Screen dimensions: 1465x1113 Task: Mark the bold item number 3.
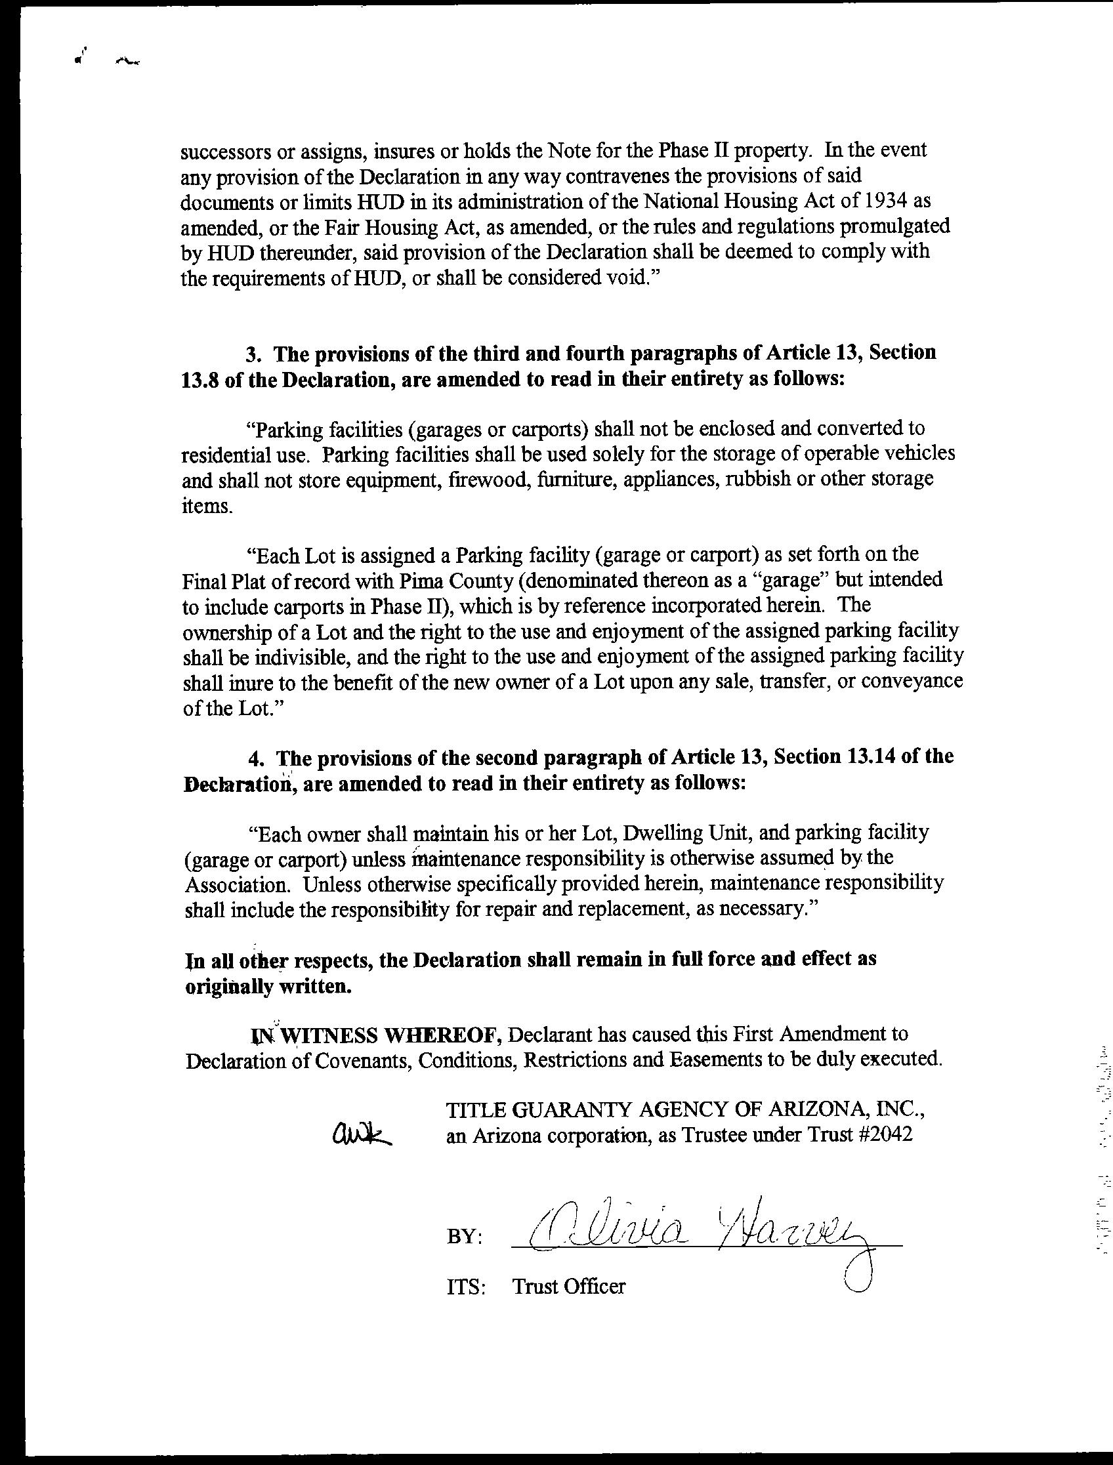252,354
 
